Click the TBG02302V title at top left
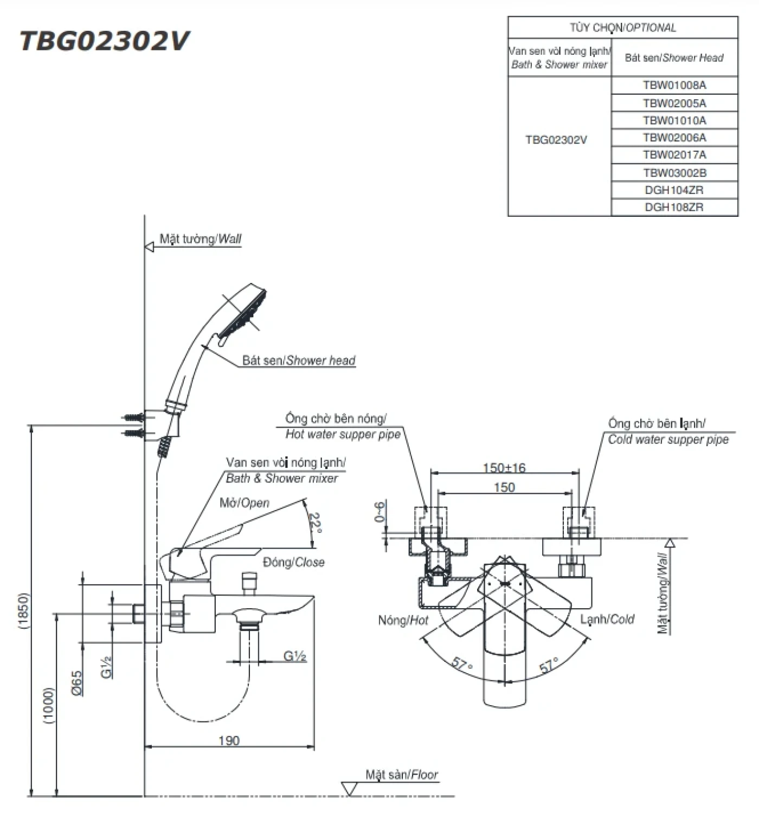pyautogui.click(x=104, y=41)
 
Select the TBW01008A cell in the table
pyautogui.click(x=674, y=85)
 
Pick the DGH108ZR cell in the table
pyautogui.click(x=674, y=207)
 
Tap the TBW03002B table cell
pyautogui.click(x=674, y=173)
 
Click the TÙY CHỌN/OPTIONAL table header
pyautogui.click(x=622, y=28)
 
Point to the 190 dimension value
pyautogui.click(x=229, y=740)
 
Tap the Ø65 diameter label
pyautogui.click(x=76, y=682)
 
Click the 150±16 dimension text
pyautogui.click(x=504, y=468)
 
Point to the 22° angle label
pyautogui.click(x=315, y=524)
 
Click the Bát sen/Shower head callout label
pyautogui.click(x=299, y=361)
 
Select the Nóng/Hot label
pyautogui.click(x=403, y=620)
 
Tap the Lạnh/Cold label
pyautogui.click(x=607, y=619)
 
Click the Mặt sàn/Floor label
pyautogui.click(x=401, y=775)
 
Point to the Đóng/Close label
pyautogui.click(x=293, y=563)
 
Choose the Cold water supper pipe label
pyautogui.click(x=668, y=440)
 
